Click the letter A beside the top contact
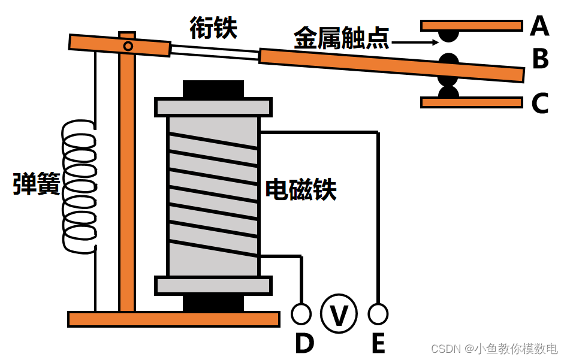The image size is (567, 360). pyautogui.click(x=540, y=26)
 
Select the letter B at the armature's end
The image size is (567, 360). pyautogui.click(x=541, y=59)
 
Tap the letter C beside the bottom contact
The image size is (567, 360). pyautogui.click(x=540, y=104)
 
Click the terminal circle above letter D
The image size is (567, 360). pyautogui.click(x=301, y=313)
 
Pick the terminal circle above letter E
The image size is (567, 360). pyautogui.click(x=378, y=313)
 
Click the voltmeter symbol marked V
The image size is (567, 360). pyautogui.click(x=339, y=314)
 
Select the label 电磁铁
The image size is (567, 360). pyautogui.click(x=301, y=189)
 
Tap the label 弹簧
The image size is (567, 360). pyautogui.click(x=37, y=184)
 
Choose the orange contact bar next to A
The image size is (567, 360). pyautogui.click(x=471, y=26)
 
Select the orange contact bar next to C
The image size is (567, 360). pyautogui.click(x=471, y=102)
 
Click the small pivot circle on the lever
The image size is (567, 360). pyautogui.click(x=128, y=46)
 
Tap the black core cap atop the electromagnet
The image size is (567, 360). pyautogui.click(x=213, y=89)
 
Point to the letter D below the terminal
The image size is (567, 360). pyautogui.click(x=304, y=343)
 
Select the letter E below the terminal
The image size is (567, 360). pyautogui.click(x=378, y=343)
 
